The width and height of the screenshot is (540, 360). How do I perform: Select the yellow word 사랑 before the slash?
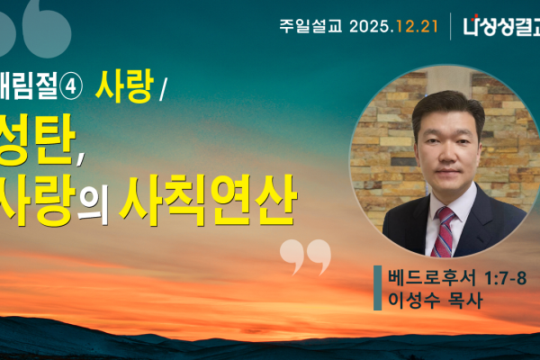131,86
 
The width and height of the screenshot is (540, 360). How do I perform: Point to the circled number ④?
70,87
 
